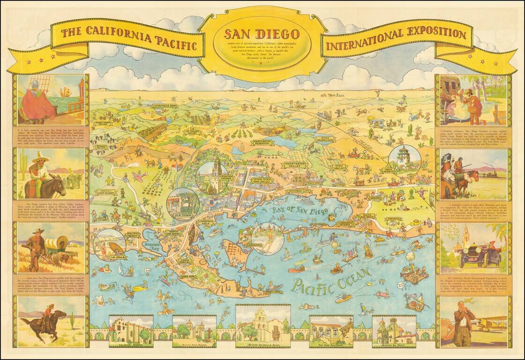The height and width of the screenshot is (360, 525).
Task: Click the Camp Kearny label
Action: coord(107,192)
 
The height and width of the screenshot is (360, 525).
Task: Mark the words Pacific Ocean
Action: coord(330,279)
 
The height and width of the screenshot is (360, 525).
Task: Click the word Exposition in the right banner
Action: coord(430,35)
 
